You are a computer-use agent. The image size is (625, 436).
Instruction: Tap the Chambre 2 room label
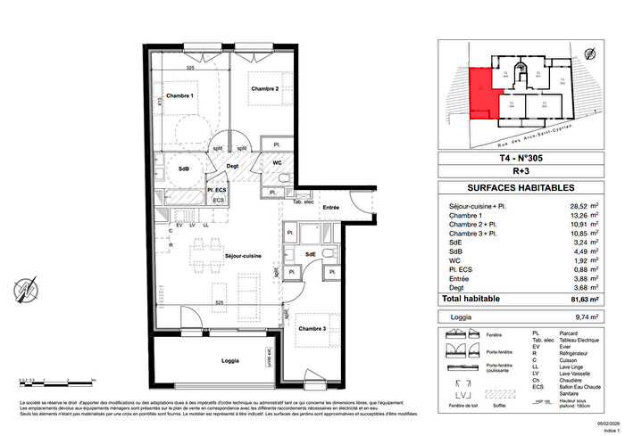coord(265,89)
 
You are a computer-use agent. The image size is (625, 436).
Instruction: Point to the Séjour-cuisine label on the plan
coord(223,255)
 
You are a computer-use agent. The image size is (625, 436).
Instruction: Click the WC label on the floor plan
coord(278,162)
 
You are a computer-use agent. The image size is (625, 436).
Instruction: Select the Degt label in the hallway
coord(231,166)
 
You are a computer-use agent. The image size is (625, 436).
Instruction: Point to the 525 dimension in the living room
coord(218,302)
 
